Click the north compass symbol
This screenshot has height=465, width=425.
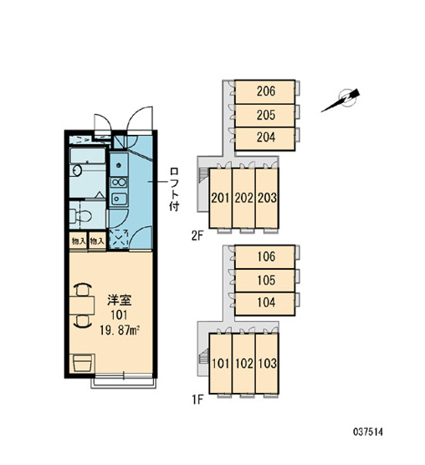coord(343,100)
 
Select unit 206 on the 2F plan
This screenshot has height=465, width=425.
coord(264,92)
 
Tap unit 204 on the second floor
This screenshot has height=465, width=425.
coord(264,139)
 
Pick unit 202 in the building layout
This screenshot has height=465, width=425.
coord(243,198)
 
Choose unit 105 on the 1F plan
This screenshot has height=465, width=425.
coord(264,280)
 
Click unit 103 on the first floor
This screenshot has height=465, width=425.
coord(267,364)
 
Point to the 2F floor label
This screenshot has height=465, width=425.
coord(197,236)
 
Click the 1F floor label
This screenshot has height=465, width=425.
coord(197,400)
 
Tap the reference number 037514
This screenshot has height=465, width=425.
coord(367,431)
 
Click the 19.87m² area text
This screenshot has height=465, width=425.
coord(120,330)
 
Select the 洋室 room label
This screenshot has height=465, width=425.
coord(119,300)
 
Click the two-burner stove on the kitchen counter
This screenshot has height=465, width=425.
coord(119,182)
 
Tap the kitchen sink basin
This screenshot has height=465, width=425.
coord(119,199)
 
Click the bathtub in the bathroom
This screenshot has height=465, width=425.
coord(87,155)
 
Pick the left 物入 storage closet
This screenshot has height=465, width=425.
coord(79,241)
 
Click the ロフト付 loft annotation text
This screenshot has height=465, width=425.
coord(174,189)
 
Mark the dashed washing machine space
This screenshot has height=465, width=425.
coord(119,239)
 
